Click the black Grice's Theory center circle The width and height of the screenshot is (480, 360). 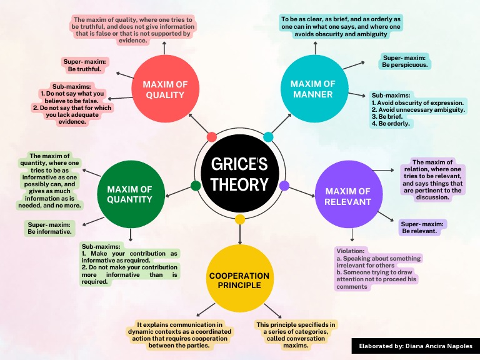(x=239, y=174)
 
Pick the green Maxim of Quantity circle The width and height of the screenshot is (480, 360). (x=129, y=194)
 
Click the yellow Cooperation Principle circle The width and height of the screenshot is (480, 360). (x=239, y=280)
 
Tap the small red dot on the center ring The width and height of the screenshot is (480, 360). (x=211, y=137)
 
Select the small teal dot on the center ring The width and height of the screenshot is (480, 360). (x=268, y=137)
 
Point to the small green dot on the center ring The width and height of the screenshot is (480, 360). (x=196, y=186)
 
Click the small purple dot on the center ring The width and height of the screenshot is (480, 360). (x=284, y=186)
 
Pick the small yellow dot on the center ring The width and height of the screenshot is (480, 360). (x=240, y=219)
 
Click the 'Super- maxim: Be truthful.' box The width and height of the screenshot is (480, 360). (x=85, y=65)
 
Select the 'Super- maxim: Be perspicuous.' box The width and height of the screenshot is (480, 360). (x=406, y=61)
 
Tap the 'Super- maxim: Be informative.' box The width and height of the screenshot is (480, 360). (x=50, y=227)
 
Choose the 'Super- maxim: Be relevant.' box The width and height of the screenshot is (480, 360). (x=423, y=227)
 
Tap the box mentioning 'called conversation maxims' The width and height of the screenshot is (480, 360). (x=296, y=334)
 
